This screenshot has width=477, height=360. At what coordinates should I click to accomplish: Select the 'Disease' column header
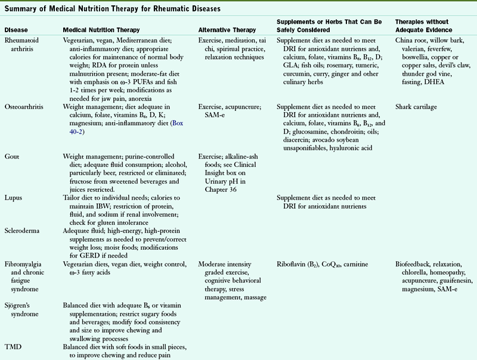(17, 29)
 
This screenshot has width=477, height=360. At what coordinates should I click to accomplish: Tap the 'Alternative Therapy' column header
(227, 29)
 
